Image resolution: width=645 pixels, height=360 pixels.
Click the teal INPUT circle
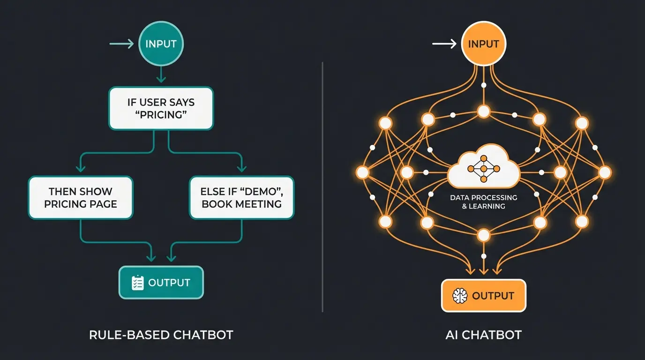click(161, 44)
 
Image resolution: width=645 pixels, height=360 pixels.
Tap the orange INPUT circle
click(484, 44)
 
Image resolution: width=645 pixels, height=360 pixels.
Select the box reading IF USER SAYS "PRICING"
click(161, 108)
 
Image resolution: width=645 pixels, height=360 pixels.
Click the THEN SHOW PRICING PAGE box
click(81, 197)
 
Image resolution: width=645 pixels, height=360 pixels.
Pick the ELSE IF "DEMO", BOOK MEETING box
click(241, 197)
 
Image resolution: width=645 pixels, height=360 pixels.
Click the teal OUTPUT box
click(161, 283)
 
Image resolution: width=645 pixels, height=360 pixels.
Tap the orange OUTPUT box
click(484, 296)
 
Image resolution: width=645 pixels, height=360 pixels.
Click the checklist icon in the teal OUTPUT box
click(137, 283)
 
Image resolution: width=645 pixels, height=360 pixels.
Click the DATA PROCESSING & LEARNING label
click(483, 202)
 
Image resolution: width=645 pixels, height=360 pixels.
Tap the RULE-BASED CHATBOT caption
click(161, 335)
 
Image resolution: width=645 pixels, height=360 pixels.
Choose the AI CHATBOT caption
click(483, 335)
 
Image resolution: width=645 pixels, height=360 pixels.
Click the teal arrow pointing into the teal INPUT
click(121, 44)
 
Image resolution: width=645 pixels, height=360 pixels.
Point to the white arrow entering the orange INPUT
click(444, 44)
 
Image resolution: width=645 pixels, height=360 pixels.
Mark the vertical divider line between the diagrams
click(322, 187)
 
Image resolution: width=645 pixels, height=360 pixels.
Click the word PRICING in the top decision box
click(161, 115)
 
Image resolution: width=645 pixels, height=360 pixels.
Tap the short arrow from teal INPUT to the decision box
click(161, 74)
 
